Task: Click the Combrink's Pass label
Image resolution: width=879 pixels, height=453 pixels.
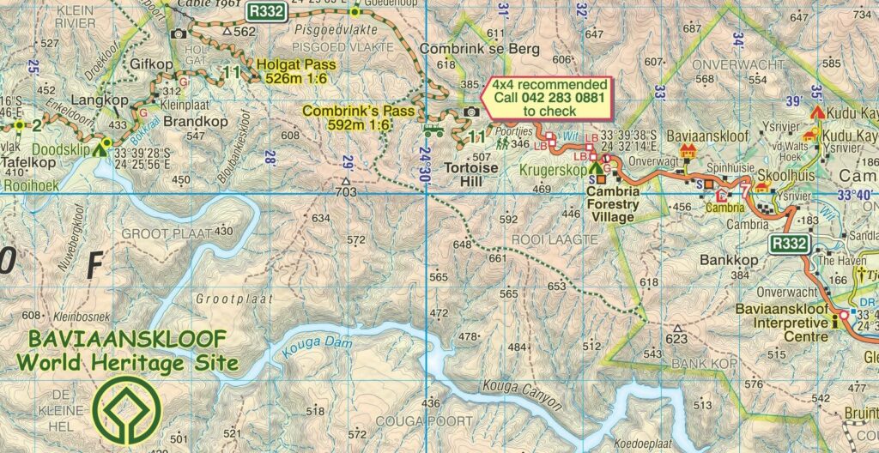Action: point(358,118)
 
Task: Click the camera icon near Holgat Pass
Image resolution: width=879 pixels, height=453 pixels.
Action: point(179,34)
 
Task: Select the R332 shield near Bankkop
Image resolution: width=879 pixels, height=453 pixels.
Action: point(788,245)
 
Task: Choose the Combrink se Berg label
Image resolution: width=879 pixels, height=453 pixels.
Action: point(479,49)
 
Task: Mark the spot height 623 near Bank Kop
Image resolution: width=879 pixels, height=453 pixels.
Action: point(677,337)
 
